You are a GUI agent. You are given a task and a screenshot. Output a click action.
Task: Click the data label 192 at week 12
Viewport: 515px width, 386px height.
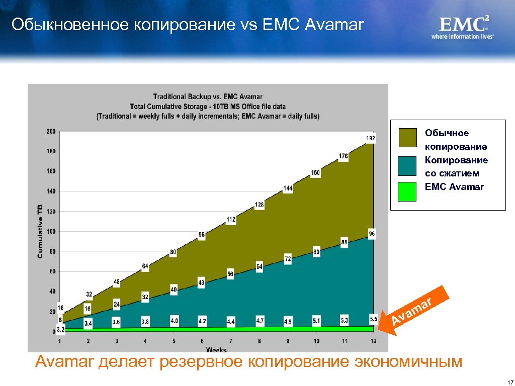[370, 138]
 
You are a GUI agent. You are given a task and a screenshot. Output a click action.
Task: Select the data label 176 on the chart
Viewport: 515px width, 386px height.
[343, 156]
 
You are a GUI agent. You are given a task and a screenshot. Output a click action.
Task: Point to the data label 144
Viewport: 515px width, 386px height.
[288, 188]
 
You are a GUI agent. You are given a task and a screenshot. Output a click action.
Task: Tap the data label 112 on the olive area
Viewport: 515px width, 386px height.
[231, 220]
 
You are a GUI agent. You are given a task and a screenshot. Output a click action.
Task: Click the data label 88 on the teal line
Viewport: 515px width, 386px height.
[345, 242]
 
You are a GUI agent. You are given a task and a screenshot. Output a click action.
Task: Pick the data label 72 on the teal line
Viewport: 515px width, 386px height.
[288, 258]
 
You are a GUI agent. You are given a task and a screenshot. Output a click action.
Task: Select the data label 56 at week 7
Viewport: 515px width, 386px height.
[230, 274]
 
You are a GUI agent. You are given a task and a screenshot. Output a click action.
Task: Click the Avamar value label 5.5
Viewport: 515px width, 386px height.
[373, 319]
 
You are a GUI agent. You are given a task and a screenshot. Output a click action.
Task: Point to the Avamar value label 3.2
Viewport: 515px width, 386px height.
[60, 330]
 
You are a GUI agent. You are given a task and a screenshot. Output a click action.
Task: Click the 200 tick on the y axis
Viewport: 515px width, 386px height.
[51, 132]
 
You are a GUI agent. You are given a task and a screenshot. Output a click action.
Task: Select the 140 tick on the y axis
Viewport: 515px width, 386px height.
[51, 191]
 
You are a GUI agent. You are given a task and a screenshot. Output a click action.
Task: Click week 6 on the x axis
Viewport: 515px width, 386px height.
[202, 341]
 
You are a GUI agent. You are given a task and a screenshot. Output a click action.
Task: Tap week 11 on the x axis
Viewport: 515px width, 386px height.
[345, 341]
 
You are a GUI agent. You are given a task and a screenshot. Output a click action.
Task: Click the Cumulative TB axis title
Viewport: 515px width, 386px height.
[40, 232]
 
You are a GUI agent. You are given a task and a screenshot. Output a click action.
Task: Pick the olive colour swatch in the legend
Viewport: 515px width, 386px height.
[407, 138]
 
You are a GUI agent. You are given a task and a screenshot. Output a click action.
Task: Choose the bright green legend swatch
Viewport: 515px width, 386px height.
[407, 191]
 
